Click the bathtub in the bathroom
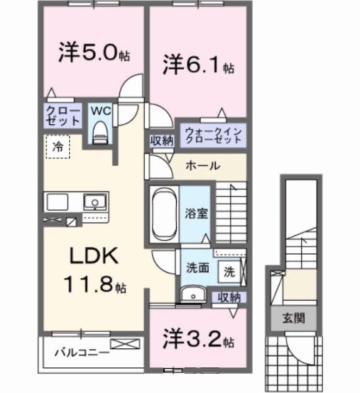coord(163,213)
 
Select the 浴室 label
coord(197,214)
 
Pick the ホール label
coord(202,165)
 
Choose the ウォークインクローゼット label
coord(214,135)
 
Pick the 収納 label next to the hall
coord(162,140)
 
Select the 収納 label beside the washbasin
coord(229,297)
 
